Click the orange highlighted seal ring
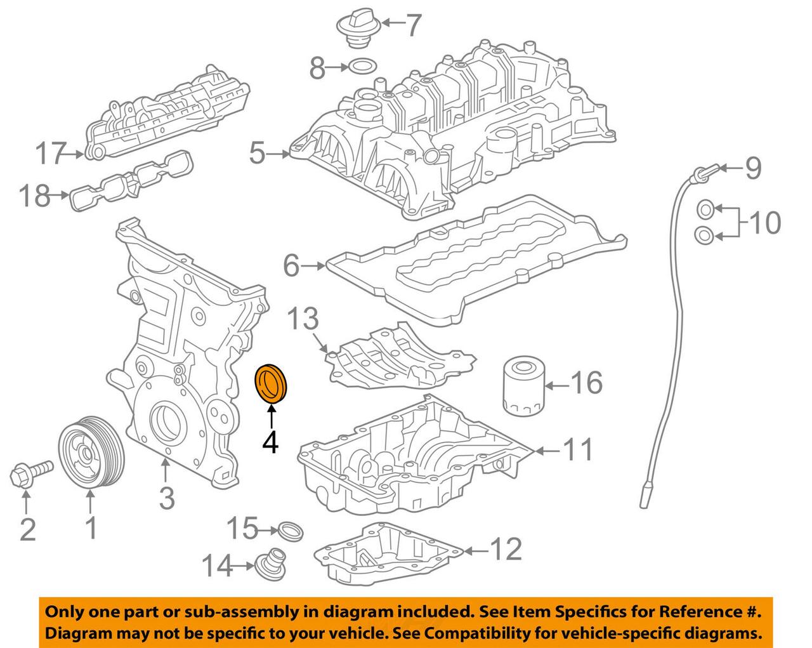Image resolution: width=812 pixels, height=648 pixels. [x=271, y=383]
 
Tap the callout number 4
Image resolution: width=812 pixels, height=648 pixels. [x=270, y=442]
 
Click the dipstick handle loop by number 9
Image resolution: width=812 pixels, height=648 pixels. [x=702, y=172]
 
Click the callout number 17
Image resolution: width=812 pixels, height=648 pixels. [x=51, y=153]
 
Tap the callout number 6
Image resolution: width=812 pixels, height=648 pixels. [x=291, y=266]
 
